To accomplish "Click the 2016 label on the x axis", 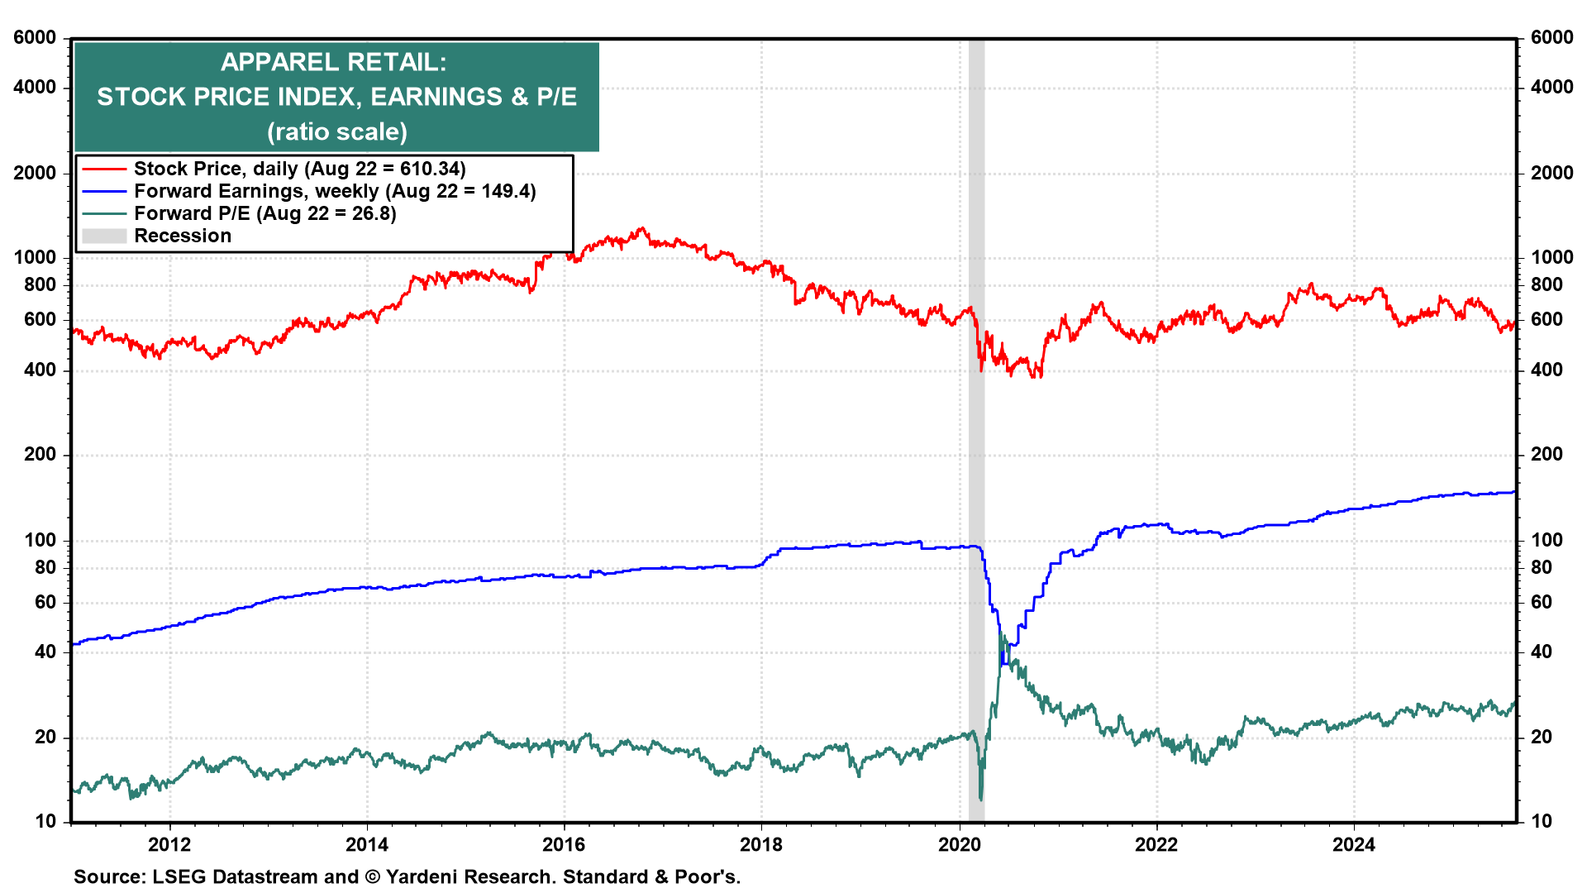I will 564,844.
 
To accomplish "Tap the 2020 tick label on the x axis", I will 959,844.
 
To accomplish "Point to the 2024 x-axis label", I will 1354,844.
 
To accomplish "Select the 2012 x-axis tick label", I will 169,844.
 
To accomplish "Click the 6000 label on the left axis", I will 35,38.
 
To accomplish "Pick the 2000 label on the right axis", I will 1551,174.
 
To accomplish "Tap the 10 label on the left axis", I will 45,822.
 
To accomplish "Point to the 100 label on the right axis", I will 1546,541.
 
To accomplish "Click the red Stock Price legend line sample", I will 104,170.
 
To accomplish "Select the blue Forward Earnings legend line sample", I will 104,192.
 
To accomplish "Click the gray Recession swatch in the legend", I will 104,236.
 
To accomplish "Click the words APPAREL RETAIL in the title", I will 333,63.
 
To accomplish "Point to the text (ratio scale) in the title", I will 337,132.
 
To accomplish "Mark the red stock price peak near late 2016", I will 641,229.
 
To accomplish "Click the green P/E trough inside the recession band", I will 981,799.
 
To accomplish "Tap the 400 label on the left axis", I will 40,370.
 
